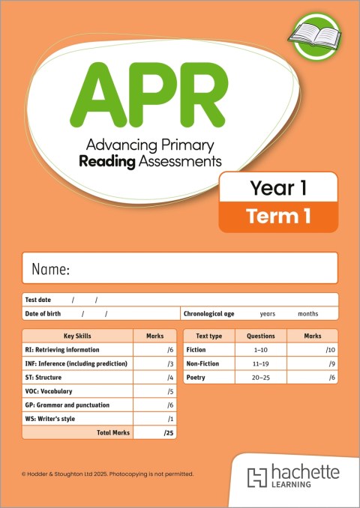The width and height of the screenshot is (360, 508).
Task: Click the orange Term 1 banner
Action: coord(277,217)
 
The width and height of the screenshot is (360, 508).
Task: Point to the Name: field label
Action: coord(50,269)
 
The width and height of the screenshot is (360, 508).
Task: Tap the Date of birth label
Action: coord(43,314)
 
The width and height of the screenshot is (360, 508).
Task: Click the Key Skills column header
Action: coord(77,336)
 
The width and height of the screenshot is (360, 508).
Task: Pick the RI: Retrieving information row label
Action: coord(61,350)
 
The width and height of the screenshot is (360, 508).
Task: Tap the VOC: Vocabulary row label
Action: coord(51,391)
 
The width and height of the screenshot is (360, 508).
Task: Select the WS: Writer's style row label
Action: coord(53,419)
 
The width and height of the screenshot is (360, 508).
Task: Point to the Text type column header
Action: coord(208,336)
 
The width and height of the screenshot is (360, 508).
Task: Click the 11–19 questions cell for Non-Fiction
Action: coord(261,363)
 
